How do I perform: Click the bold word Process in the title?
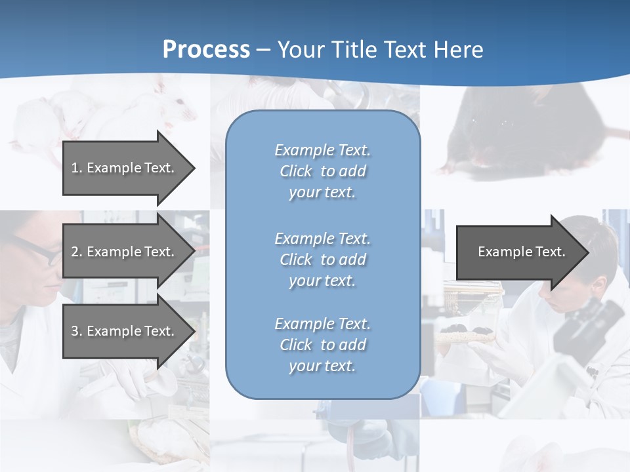click(x=206, y=50)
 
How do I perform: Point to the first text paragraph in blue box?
click(x=323, y=171)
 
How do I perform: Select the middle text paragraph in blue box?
click(x=323, y=260)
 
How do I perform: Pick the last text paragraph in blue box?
click(x=323, y=345)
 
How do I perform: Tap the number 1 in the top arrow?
click(x=74, y=168)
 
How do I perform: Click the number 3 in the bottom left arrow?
click(x=75, y=331)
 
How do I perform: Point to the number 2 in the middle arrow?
click(x=75, y=252)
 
